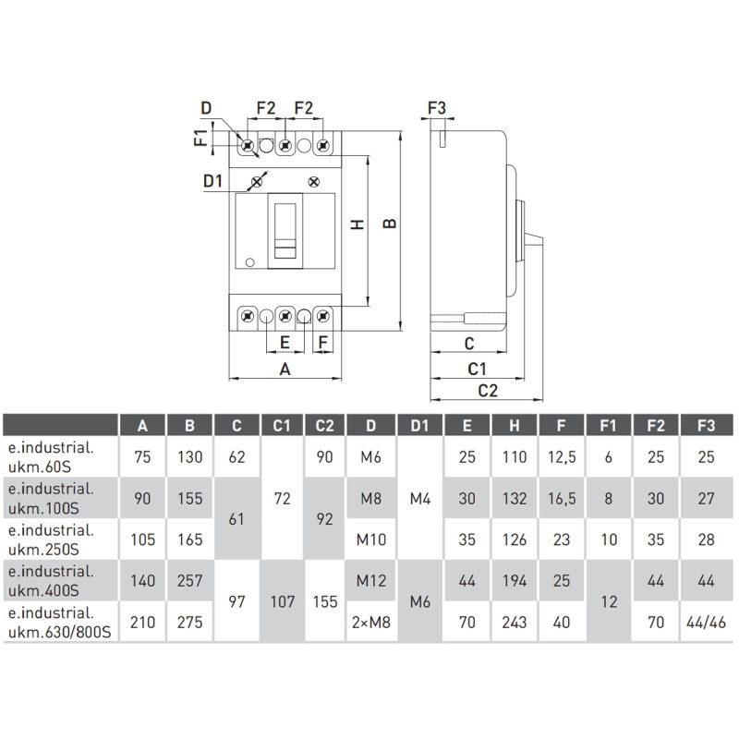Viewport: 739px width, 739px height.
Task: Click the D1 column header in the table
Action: [x=419, y=426]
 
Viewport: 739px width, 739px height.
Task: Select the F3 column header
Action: [x=706, y=426]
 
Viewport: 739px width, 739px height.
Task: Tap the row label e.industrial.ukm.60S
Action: [x=51, y=456]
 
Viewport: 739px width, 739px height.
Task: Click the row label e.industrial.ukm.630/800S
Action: [x=59, y=622]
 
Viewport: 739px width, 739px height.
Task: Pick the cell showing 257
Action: [x=189, y=581]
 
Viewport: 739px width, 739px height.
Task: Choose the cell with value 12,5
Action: [x=562, y=456]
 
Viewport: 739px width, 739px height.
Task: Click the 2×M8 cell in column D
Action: [x=371, y=622]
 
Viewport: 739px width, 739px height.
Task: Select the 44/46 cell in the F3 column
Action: [x=706, y=622]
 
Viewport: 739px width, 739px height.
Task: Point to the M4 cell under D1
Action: [x=420, y=498]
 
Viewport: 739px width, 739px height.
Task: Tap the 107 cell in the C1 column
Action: [x=283, y=601]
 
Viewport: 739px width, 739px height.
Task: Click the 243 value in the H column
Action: [x=515, y=622]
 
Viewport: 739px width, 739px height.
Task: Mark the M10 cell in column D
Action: [x=371, y=539]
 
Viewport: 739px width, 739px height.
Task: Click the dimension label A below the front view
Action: [x=285, y=369]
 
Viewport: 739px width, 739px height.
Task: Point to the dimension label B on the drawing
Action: [x=390, y=223]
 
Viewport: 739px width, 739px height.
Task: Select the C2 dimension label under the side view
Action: [x=488, y=391]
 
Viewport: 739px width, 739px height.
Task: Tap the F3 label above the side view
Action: [x=436, y=108]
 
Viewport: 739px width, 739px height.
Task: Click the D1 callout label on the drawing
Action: [x=212, y=181]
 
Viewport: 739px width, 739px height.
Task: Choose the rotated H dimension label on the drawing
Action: [x=358, y=224]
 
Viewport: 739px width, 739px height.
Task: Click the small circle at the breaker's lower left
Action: [x=250, y=262]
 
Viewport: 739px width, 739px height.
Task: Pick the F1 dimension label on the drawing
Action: [x=200, y=137]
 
